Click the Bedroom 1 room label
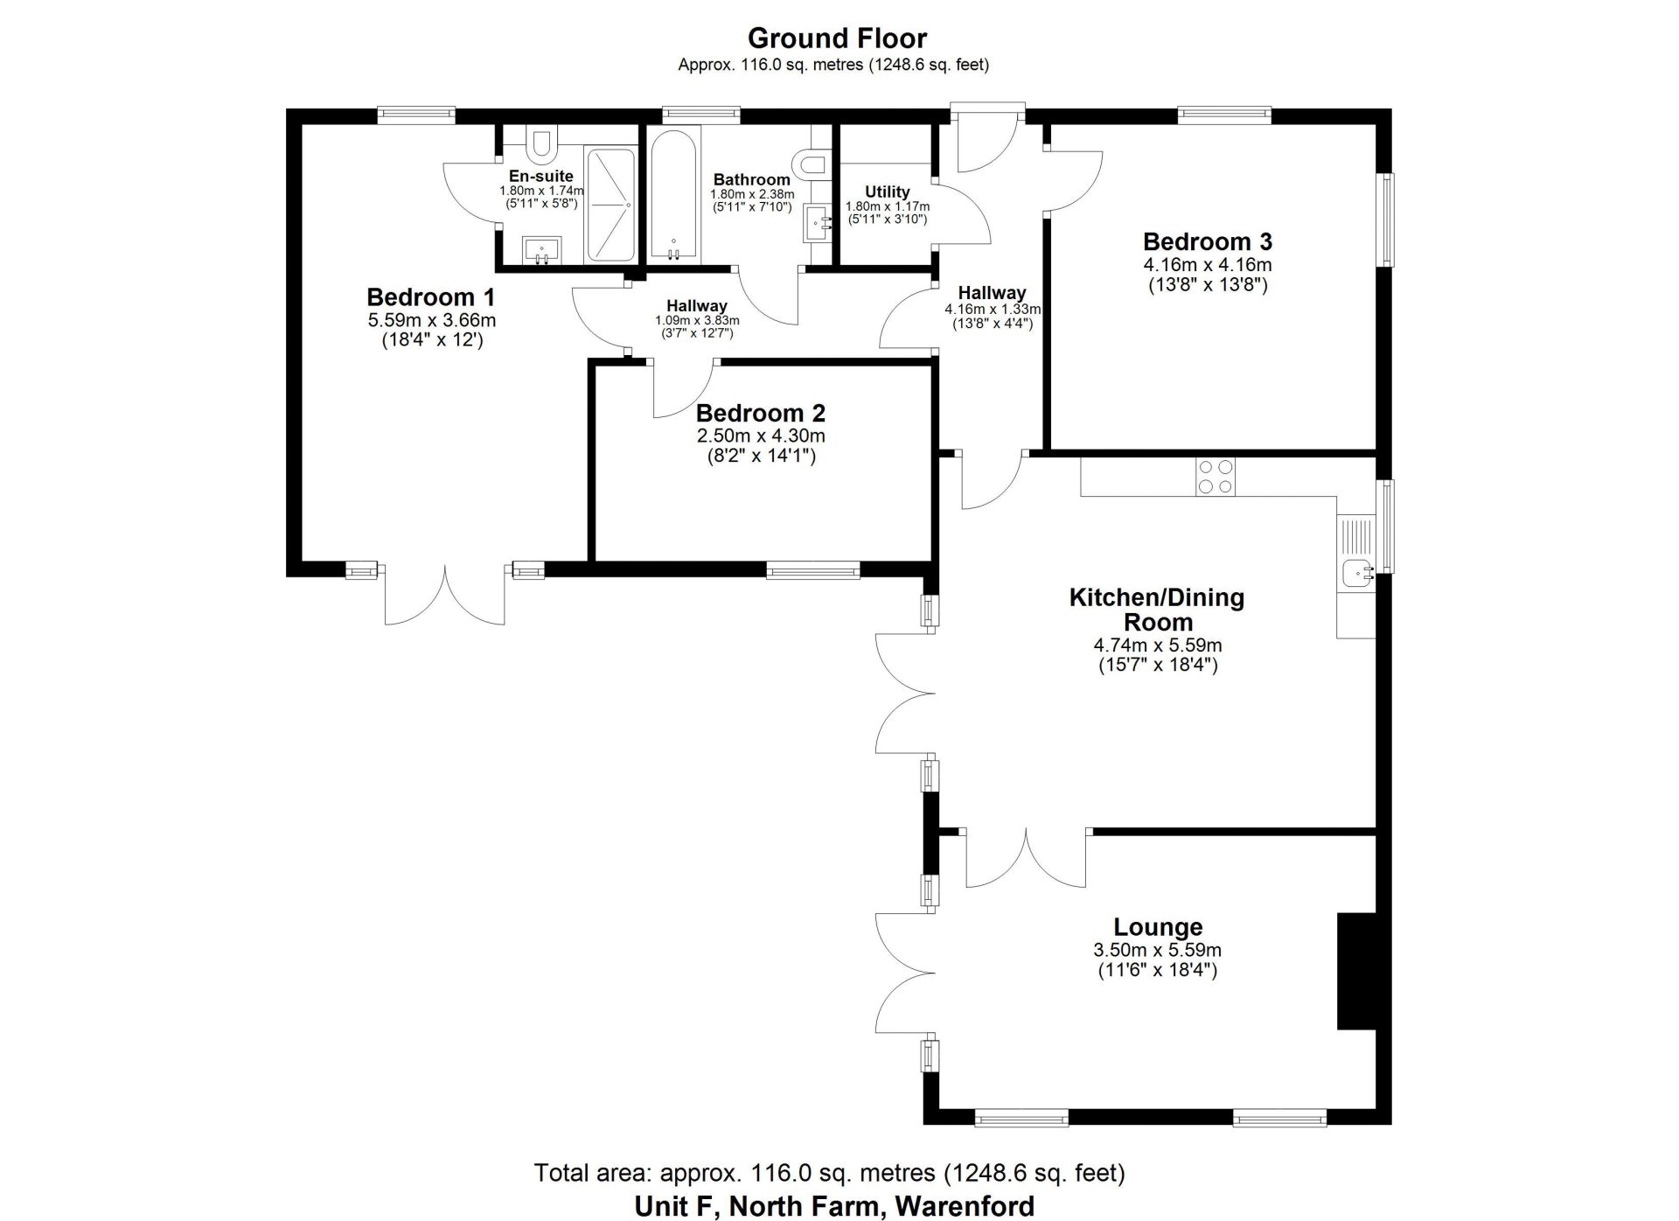coord(430,297)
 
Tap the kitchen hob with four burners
coord(1215,478)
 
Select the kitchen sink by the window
coord(1358,574)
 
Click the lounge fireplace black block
coord(1356,971)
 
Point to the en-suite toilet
coord(541,140)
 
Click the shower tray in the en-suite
coord(610,205)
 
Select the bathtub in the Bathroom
coord(673,195)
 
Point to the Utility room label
coord(887,192)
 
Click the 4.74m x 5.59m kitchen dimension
coord(1157,645)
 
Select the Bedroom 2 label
coord(760,413)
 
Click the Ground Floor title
coord(837,38)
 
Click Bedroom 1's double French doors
coord(445,595)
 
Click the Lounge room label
coord(1157,926)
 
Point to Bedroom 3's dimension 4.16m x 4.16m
coord(1207,264)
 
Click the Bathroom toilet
coord(810,164)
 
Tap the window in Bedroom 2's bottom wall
coord(813,570)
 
